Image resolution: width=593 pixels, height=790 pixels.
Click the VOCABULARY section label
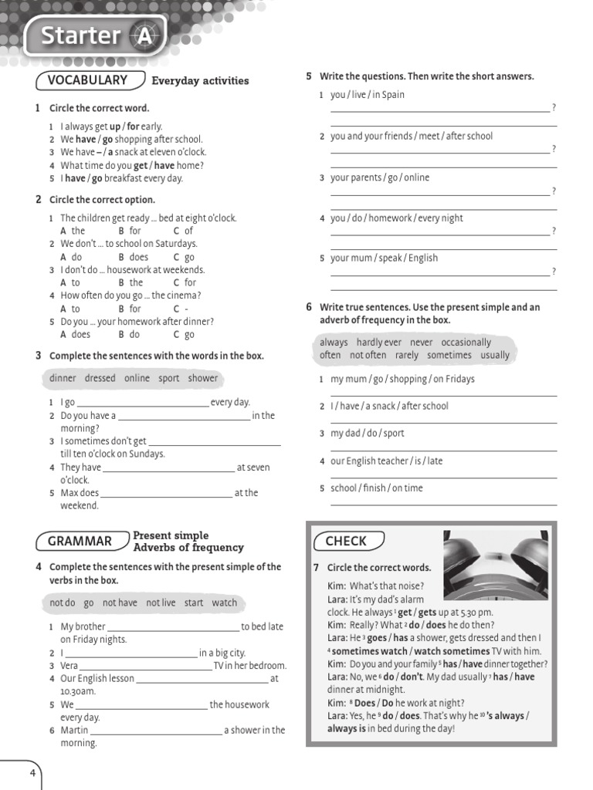pyautogui.click(x=87, y=80)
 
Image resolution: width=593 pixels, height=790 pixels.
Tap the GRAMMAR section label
pyautogui.click(x=80, y=542)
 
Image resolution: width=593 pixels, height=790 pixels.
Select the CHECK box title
pyautogui.click(x=346, y=542)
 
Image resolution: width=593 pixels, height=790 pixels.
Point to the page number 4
pyautogui.click(x=32, y=773)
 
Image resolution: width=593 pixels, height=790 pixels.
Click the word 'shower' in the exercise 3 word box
pyautogui.click(x=203, y=378)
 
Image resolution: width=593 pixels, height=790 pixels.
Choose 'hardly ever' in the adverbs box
pyautogui.click(x=378, y=342)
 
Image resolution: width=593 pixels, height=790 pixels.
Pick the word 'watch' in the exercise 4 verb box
pyautogui.click(x=225, y=603)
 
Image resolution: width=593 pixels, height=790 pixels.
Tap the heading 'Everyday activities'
pyautogui.click(x=200, y=80)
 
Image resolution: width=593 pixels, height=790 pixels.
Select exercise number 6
pyautogui.click(x=309, y=307)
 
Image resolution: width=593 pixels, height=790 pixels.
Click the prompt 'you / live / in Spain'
pyautogui.click(x=368, y=95)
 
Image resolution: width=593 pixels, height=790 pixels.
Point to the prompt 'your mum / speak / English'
pyautogui.click(x=384, y=258)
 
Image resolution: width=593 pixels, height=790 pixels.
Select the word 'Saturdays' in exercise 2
pyautogui.click(x=176, y=244)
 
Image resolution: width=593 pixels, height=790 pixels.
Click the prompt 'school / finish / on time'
pyautogui.click(x=377, y=488)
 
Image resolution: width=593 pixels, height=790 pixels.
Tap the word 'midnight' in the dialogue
pyautogui.click(x=387, y=690)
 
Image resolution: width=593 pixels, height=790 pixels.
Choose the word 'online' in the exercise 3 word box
pyautogui.click(x=137, y=378)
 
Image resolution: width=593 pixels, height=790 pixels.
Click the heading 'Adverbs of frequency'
pyautogui.click(x=188, y=548)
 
